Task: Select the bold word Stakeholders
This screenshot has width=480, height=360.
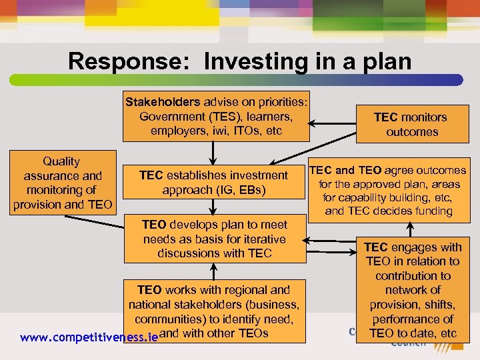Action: coord(163,102)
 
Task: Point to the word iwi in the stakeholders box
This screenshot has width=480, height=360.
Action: coord(230,131)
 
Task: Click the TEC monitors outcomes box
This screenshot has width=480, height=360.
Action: coord(410,124)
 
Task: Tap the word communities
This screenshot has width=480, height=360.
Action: coord(167,319)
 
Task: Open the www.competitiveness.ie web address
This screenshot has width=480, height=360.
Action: coord(89,337)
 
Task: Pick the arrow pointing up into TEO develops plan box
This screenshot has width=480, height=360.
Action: coord(213,269)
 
